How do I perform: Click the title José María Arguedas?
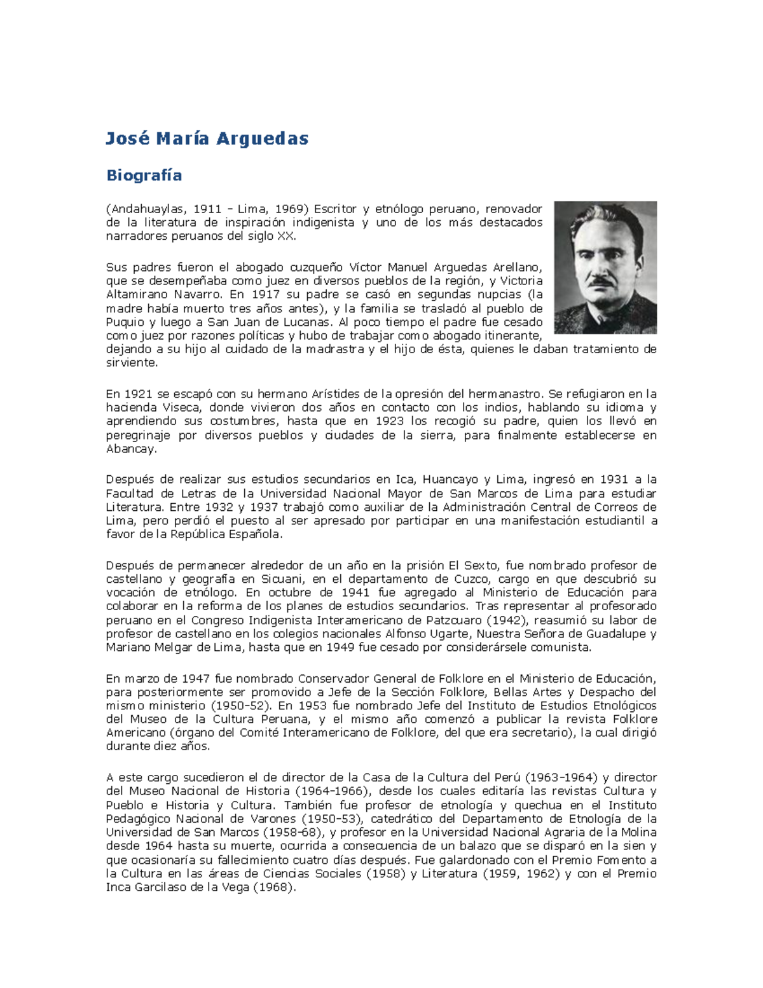tap(207, 139)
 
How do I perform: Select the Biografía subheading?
tap(144, 176)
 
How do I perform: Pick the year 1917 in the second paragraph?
tap(265, 295)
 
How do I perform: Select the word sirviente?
tap(130, 363)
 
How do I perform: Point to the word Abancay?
tap(130, 449)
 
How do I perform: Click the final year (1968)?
tap(274, 887)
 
